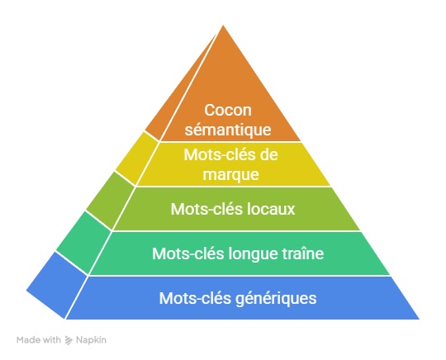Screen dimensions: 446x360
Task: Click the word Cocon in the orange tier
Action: [x=228, y=110]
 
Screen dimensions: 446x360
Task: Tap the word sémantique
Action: [x=228, y=130]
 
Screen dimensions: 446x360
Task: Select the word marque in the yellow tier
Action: [x=230, y=174]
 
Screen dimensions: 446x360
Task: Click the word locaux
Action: [x=271, y=209]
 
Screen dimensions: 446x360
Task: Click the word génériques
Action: [x=277, y=299]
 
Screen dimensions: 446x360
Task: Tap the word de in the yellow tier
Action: [x=268, y=155]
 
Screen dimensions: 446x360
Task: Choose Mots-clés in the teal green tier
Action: [x=188, y=253]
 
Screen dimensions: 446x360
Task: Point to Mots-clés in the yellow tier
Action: [x=220, y=155]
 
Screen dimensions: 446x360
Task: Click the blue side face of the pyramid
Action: [x=57, y=285]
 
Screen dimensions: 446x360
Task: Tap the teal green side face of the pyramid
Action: [x=83, y=242]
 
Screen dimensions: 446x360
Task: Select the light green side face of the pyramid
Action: [x=111, y=201]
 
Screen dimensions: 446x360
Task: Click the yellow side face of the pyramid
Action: [x=137, y=159]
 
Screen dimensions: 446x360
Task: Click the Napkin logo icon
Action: [x=69, y=340]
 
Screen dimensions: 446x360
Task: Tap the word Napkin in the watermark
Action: [x=91, y=340]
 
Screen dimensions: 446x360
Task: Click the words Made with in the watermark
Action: [x=39, y=340]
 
